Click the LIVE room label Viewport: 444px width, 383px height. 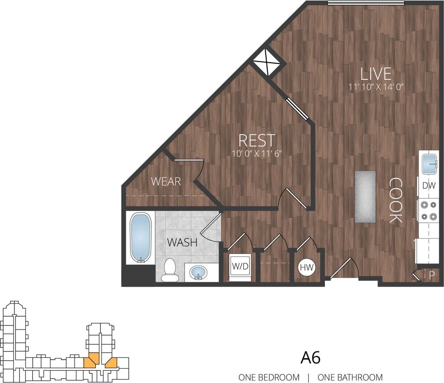(x=376, y=74)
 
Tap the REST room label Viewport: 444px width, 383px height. (x=257, y=140)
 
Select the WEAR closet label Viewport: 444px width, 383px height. (x=166, y=182)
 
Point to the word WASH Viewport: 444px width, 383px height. (x=182, y=242)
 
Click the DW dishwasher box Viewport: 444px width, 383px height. (x=428, y=185)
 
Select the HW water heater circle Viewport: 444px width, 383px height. (x=306, y=267)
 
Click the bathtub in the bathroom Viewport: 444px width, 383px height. (x=141, y=238)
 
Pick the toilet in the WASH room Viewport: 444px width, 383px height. (x=170, y=270)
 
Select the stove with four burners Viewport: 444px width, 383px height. (x=428, y=211)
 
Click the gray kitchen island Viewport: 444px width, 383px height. (x=365, y=196)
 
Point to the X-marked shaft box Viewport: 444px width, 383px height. (x=267, y=62)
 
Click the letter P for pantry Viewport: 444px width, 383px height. (x=432, y=274)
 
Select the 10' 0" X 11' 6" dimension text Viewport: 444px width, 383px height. (x=257, y=154)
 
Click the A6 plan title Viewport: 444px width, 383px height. (x=310, y=358)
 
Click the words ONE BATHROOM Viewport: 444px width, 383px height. (x=350, y=377)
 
